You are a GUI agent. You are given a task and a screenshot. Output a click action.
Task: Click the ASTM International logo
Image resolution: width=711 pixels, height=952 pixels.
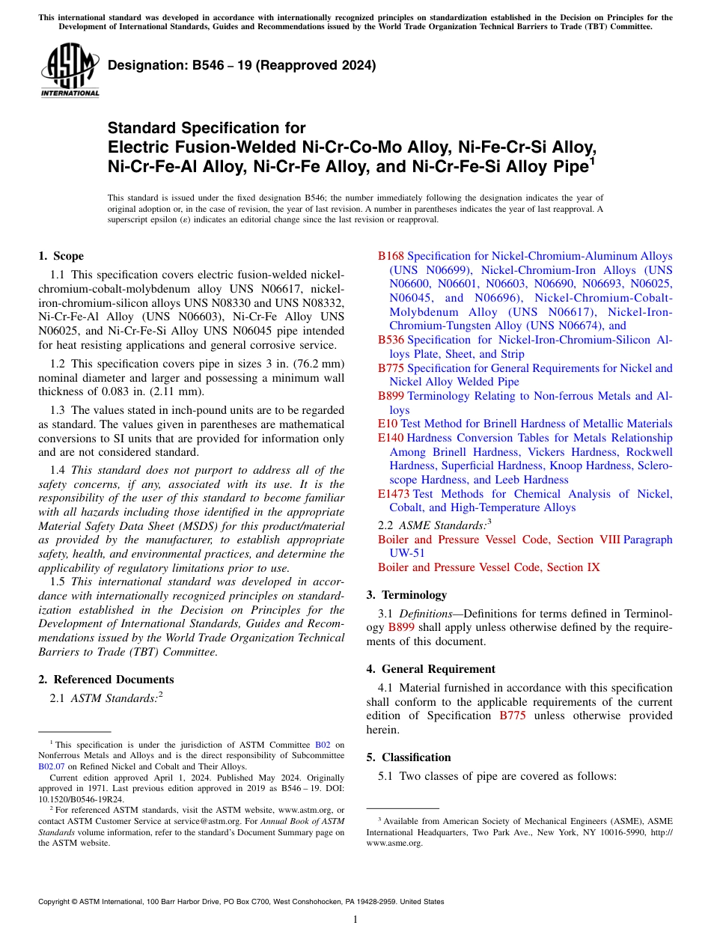[70, 72]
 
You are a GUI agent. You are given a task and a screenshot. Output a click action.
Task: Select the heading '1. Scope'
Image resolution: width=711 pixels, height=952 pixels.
[61, 256]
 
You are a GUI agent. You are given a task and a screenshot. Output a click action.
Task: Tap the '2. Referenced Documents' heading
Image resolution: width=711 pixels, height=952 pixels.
[106, 680]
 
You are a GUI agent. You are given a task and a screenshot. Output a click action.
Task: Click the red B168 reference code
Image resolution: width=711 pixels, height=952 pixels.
[391, 256]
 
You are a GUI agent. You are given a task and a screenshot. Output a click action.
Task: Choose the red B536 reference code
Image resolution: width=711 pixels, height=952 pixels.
[391, 340]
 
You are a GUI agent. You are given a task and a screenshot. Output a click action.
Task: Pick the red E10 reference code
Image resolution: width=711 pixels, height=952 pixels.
[388, 424]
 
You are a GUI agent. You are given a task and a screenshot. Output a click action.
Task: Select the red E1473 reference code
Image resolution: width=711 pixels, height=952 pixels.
[394, 494]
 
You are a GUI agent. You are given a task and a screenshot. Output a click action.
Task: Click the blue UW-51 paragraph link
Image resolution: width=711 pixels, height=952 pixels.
[406, 553]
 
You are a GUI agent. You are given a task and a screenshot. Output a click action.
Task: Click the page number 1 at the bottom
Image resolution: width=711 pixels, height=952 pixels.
[355, 919]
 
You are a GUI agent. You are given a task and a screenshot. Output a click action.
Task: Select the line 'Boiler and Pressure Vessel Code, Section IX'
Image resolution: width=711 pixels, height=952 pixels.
[489, 567]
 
